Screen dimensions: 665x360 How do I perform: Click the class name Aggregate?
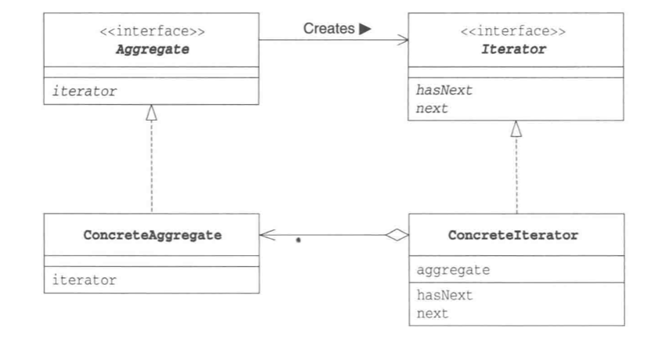coord(153,49)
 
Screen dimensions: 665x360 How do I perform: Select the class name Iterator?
coord(513,49)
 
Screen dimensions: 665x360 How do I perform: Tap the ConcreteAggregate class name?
coord(153,236)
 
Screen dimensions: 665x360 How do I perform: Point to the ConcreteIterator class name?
coord(513,236)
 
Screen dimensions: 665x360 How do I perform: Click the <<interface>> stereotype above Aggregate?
coord(153,31)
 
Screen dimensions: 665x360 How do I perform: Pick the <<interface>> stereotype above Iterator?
coord(513,31)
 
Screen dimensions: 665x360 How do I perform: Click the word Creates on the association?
coord(329,28)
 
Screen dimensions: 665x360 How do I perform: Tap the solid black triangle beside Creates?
coord(365,29)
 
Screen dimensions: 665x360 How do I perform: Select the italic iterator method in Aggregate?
coord(84,91)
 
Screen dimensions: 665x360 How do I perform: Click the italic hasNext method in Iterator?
coord(444,90)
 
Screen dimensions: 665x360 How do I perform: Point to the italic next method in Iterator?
coord(432,109)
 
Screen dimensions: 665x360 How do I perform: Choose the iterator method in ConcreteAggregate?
coord(84,280)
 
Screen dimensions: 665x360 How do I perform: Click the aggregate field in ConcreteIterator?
coord(453,270)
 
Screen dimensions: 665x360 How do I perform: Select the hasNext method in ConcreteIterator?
coord(444,295)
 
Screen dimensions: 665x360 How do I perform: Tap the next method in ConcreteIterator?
coord(432,314)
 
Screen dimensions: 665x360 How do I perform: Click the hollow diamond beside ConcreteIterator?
coord(397,235)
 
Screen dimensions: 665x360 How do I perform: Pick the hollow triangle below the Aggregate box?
coord(152,113)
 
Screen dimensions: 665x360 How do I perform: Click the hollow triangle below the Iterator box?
coord(516,129)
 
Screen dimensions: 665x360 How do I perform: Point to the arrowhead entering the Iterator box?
coord(402,40)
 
